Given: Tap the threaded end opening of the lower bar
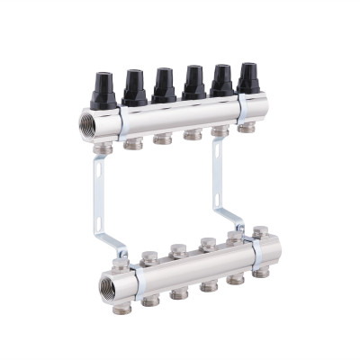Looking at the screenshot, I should click(x=105, y=290).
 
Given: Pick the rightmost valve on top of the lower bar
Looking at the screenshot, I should click(x=260, y=233).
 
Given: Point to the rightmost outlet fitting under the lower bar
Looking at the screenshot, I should click(x=260, y=270).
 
